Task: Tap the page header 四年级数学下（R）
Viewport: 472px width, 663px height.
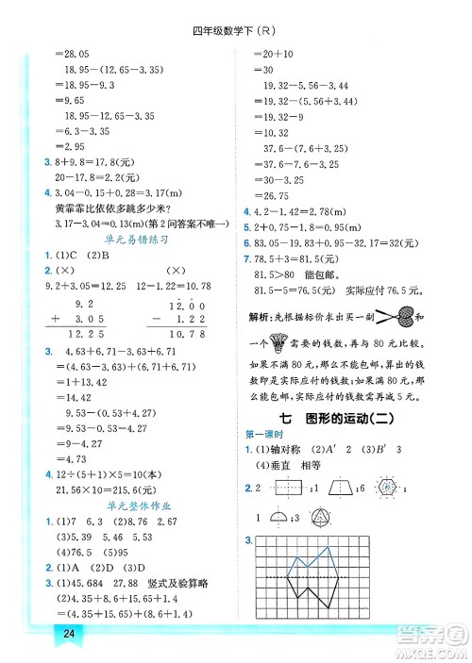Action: (x=235, y=28)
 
